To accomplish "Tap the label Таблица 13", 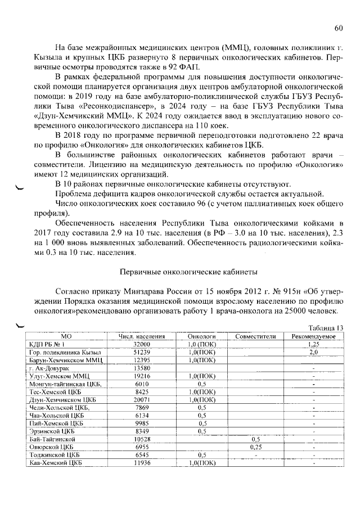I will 326,328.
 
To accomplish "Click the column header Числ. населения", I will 141,336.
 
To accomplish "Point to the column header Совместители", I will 255,336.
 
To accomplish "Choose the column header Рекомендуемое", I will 314,336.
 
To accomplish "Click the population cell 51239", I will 141,352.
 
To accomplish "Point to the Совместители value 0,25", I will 255,447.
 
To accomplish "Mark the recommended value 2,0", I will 314,352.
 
